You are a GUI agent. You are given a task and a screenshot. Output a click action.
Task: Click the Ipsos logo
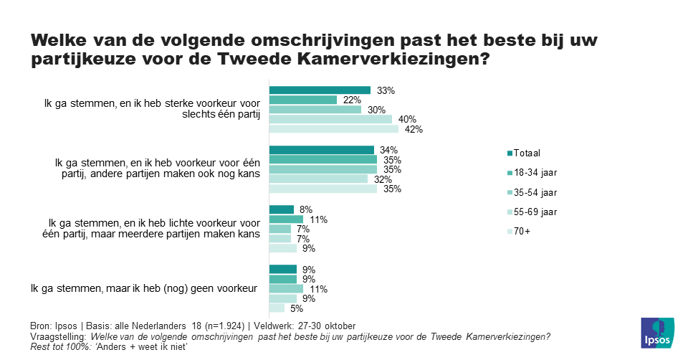[656, 332]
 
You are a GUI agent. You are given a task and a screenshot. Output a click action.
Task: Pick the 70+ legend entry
[522, 232]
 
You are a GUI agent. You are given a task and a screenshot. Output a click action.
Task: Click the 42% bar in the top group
[333, 130]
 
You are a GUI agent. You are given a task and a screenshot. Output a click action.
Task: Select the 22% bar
[302, 100]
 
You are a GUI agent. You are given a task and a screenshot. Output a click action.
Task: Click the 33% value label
[386, 90]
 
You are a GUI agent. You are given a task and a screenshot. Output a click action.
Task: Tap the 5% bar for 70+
[277, 308]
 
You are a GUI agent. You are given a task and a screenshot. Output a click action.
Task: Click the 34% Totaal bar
[321, 150]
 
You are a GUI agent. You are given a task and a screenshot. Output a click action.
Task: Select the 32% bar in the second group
[318, 179]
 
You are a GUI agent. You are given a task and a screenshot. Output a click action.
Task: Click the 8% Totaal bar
[281, 209]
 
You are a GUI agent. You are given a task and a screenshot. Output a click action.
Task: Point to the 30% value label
[377, 110]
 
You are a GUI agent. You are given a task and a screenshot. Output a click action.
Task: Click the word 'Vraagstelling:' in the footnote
[58, 336]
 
